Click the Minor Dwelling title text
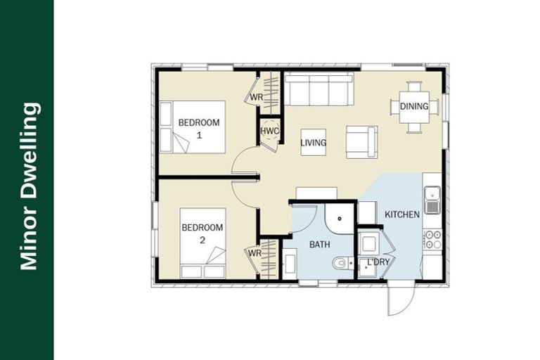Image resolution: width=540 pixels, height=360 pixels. [x=29, y=186]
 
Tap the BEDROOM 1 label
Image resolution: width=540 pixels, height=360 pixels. [x=199, y=127]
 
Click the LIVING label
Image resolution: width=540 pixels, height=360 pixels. [x=313, y=143]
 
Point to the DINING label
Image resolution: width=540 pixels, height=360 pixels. [x=414, y=107]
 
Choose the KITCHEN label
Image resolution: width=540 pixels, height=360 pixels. [x=402, y=214]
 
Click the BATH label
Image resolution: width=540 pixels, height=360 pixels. [x=320, y=245]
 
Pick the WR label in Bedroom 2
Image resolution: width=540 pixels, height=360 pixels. [x=253, y=253]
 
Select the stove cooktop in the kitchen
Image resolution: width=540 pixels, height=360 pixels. [x=432, y=239]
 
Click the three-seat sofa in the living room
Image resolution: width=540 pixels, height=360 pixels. [x=319, y=91]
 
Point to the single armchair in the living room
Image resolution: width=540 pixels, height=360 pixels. [x=361, y=142]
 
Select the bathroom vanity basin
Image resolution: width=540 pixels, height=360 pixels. [x=289, y=264]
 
